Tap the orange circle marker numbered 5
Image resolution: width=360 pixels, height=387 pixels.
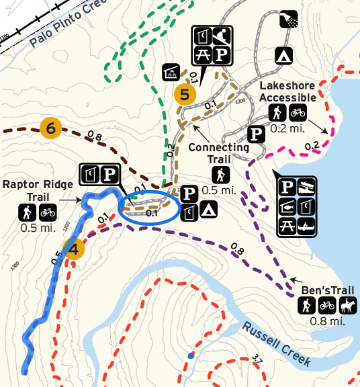184,95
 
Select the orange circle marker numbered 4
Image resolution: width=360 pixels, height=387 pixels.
74,249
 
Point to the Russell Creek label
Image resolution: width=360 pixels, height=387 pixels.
278,343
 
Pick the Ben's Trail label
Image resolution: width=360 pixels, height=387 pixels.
328,290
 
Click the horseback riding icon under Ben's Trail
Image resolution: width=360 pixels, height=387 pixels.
348,306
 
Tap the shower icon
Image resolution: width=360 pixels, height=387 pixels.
289,20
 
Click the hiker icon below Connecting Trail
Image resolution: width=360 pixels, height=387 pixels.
220,175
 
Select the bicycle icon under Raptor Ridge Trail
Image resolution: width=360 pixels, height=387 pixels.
48,213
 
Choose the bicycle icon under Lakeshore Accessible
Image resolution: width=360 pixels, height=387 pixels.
297,113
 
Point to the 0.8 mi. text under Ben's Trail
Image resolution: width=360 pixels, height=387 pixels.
327,321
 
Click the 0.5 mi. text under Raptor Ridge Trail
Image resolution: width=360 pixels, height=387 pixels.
36,227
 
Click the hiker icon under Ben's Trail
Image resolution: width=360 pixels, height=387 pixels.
306,306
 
